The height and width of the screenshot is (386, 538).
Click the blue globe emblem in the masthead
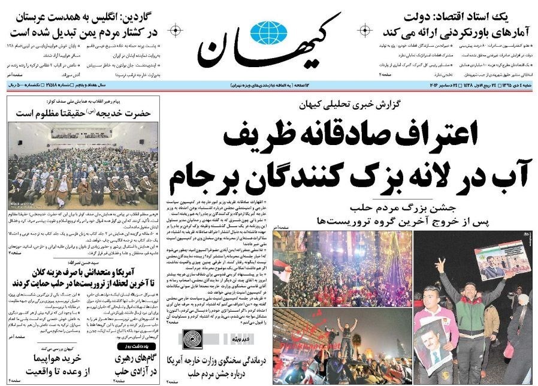(269, 31)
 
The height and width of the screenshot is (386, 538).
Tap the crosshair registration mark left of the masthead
(174, 30)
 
